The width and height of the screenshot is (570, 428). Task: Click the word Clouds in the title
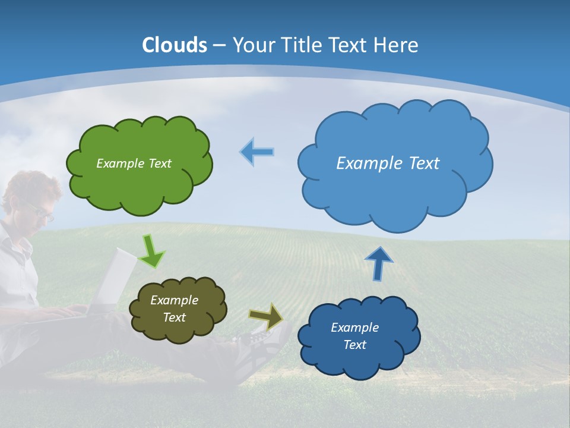(x=175, y=45)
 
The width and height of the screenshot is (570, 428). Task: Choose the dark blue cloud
(x=356, y=363)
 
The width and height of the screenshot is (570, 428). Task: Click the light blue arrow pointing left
(x=257, y=152)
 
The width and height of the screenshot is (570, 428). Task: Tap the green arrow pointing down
(x=152, y=252)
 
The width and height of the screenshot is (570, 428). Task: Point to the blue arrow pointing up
(x=378, y=263)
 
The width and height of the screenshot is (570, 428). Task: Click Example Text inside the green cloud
(x=134, y=163)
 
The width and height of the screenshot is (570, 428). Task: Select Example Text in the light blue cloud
(x=388, y=163)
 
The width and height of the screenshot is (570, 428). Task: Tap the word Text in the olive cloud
(x=175, y=317)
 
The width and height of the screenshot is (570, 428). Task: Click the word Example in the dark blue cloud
(x=354, y=328)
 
